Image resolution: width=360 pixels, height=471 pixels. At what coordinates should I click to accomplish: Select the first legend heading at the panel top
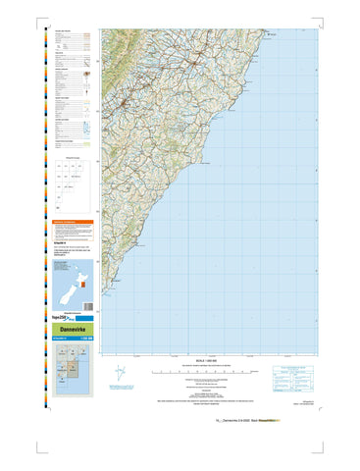click(63, 30)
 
